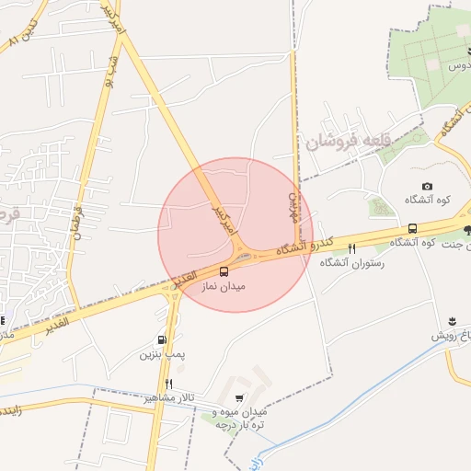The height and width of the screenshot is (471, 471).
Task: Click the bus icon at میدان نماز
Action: pos(224,270)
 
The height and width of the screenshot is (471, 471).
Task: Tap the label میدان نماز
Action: pos(224,287)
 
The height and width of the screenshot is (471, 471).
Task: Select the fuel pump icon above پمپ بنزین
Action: pos(163,339)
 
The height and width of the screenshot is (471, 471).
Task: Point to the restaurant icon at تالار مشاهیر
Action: pos(168,384)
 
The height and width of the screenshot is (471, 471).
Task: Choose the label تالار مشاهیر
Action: pos(163,397)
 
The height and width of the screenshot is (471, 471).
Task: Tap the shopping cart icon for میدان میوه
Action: pos(240,398)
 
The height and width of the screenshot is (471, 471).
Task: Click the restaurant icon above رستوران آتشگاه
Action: pos(351,248)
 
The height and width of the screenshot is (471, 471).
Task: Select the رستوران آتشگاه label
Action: pos(351,263)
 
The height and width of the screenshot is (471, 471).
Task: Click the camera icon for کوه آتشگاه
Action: pos(428,187)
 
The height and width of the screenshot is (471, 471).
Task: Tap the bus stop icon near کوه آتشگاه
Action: pos(412,228)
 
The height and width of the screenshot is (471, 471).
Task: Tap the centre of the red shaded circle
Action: pos(235,235)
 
